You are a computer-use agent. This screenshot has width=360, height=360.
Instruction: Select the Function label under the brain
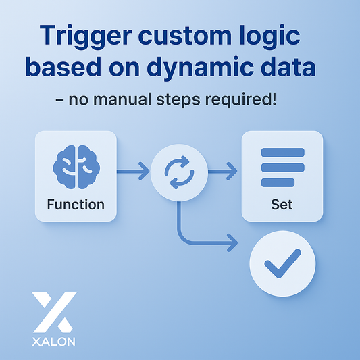click(76, 203)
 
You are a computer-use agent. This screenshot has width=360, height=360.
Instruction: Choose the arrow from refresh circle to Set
click(224, 173)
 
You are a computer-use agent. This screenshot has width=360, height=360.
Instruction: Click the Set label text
click(282, 203)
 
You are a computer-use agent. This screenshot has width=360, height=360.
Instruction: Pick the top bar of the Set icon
click(282, 153)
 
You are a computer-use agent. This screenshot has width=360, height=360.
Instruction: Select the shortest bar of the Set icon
click(277, 181)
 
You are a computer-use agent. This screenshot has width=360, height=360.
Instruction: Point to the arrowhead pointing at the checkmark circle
click(233, 241)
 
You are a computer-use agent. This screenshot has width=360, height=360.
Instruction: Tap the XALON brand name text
click(54, 341)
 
